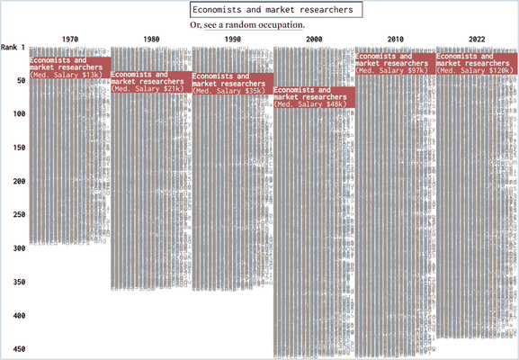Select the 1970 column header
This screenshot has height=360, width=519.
[x=70, y=40]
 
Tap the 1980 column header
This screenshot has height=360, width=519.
[x=151, y=40]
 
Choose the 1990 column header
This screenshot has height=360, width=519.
[x=232, y=40]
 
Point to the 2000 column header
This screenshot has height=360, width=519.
[x=314, y=40]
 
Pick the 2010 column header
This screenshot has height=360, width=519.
[x=395, y=40]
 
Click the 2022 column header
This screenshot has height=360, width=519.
[x=476, y=40]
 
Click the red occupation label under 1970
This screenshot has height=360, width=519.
[x=70, y=67]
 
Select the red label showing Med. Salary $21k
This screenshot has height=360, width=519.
[x=151, y=82]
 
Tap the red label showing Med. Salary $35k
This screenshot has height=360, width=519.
[x=232, y=84]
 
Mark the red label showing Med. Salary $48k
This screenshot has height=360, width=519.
[x=314, y=97]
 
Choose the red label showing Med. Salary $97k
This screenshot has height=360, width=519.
[x=395, y=63]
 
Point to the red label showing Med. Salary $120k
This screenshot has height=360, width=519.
[x=476, y=63]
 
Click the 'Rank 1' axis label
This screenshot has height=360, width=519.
[x=13, y=47]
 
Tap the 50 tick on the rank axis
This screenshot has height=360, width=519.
[x=19, y=80]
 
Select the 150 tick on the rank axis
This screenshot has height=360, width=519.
[x=17, y=148]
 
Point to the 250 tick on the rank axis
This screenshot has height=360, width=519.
[x=17, y=214]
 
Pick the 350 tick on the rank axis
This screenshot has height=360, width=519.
[x=17, y=282]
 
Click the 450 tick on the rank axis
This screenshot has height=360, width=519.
[x=17, y=349]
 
